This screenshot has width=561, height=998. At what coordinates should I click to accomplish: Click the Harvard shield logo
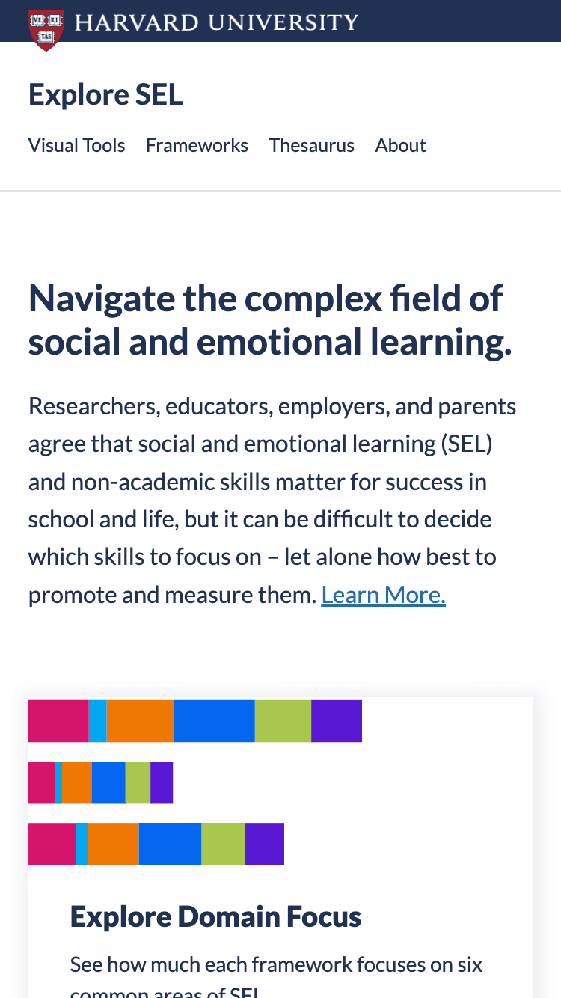pyautogui.click(x=46, y=29)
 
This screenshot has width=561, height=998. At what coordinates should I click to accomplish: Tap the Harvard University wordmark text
pyautogui.click(x=216, y=22)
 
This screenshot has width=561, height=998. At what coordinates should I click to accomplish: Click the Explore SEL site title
pyautogui.click(x=105, y=95)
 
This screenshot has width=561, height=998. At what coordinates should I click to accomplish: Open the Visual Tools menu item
pyautogui.click(x=76, y=145)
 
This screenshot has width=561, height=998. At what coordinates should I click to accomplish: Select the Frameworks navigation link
pyautogui.click(x=197, y=145)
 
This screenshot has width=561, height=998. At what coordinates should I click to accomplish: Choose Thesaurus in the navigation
pyautogui.click(x=311, y=145)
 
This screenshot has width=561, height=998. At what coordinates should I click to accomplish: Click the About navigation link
pyautogui.click(x=400, y=145)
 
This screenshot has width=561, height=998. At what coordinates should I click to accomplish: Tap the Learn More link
pyautogui.click(x=383, y=595)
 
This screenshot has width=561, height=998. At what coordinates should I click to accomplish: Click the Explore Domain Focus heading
pyautogui.click(x=215, y=916)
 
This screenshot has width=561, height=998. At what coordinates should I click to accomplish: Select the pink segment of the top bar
pyautogui.click(x=58, y=721)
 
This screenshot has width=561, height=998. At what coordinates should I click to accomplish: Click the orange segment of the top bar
pyautogui.click(x=141, y=721)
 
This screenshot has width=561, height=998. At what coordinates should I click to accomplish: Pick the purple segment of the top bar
pyautogui.click(x=337, y=721)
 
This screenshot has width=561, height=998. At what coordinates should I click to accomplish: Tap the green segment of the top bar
pyautogui.click(x=283, y=721)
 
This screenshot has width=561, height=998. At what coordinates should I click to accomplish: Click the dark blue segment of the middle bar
pyautogui.click(x=108, y=783)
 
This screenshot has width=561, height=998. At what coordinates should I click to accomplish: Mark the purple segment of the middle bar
pyautogui.click(x=162, y=783)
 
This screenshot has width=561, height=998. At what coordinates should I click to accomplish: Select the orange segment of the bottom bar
pyautogui.click(x=114, y=844)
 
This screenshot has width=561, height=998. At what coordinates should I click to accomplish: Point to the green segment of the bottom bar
pyautogui.click(x=223, y=844)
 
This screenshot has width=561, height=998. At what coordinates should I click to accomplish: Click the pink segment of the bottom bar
pyautogui.click(x=52, y=844)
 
